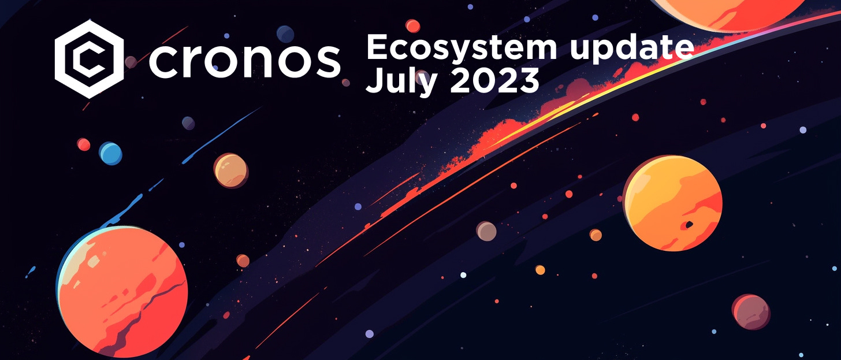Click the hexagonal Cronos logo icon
click(x=89, y=58)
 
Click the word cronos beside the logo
click(x=244, y=60)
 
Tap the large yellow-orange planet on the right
click(x=673, y=203)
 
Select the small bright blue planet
click(x=110, y=154)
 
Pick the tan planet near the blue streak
click(x=230, y=170)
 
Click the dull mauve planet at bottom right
click(x=751, y=311)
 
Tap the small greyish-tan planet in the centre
click(x=486, y=231)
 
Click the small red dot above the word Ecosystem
click(x=412, y=25)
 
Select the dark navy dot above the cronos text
click(x=285, y=34)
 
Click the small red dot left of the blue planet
click(x=84, y=144)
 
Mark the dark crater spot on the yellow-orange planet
click(x=688, y=225)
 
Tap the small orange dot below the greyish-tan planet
click(x=540, y=270)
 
